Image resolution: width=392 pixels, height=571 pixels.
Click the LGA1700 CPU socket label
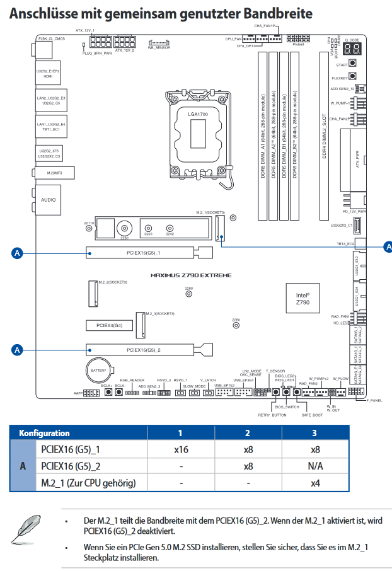click(197, 113)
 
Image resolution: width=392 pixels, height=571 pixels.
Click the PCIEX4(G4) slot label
click(110, 325)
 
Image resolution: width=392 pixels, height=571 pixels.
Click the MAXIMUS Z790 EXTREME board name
click(190, 275)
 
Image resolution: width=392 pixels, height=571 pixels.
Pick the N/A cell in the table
click(314, 467)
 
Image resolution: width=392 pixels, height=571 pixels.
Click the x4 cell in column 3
click(314, 483)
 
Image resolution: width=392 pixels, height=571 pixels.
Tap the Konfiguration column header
click(44, 433)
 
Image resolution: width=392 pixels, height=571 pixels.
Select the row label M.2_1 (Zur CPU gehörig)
click(88, 483)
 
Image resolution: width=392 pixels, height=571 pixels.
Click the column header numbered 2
click(248, 433)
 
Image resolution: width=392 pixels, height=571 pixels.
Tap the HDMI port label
click(48, 76)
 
